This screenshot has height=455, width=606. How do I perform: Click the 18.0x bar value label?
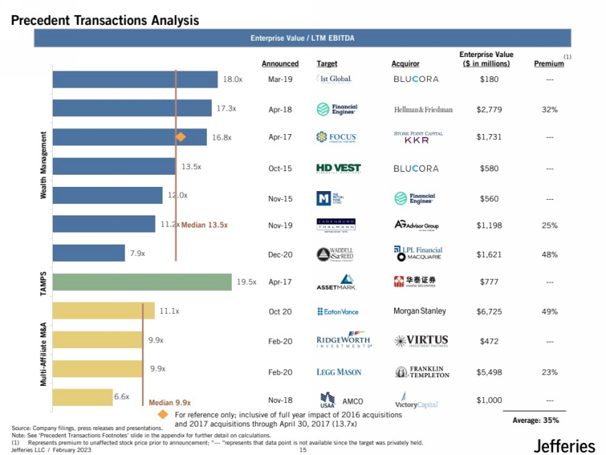click(x=232, y=80)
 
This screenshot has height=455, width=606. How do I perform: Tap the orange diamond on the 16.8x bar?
click(x=181, y=137)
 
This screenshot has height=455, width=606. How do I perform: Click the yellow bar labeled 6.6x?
click(x=81, y=397)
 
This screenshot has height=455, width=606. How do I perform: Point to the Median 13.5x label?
click(x=204, y=225)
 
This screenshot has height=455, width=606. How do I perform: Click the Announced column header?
click(x=279, y=64)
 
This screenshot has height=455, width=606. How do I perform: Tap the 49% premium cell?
click(x=549, y=312)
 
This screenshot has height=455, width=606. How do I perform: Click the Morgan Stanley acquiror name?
click(x=420, y=312)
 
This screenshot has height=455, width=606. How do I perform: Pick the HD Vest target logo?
click(x=338, y=168)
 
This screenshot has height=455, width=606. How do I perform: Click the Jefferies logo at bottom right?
click(x=563, y=446)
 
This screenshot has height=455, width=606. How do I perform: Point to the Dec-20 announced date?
click(x=280, y=254)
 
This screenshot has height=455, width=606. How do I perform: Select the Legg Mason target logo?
click(x=339, y=372)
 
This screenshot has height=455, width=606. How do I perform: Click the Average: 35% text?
click(x=536, y=421)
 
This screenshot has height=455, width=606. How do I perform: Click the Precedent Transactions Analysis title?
click(x=106, y=21)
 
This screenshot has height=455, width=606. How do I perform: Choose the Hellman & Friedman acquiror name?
click(x=423, y=110)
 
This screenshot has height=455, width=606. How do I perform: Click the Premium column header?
click(x=548, y=64)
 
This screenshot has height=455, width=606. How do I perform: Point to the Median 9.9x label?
click(x=169, y=402)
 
